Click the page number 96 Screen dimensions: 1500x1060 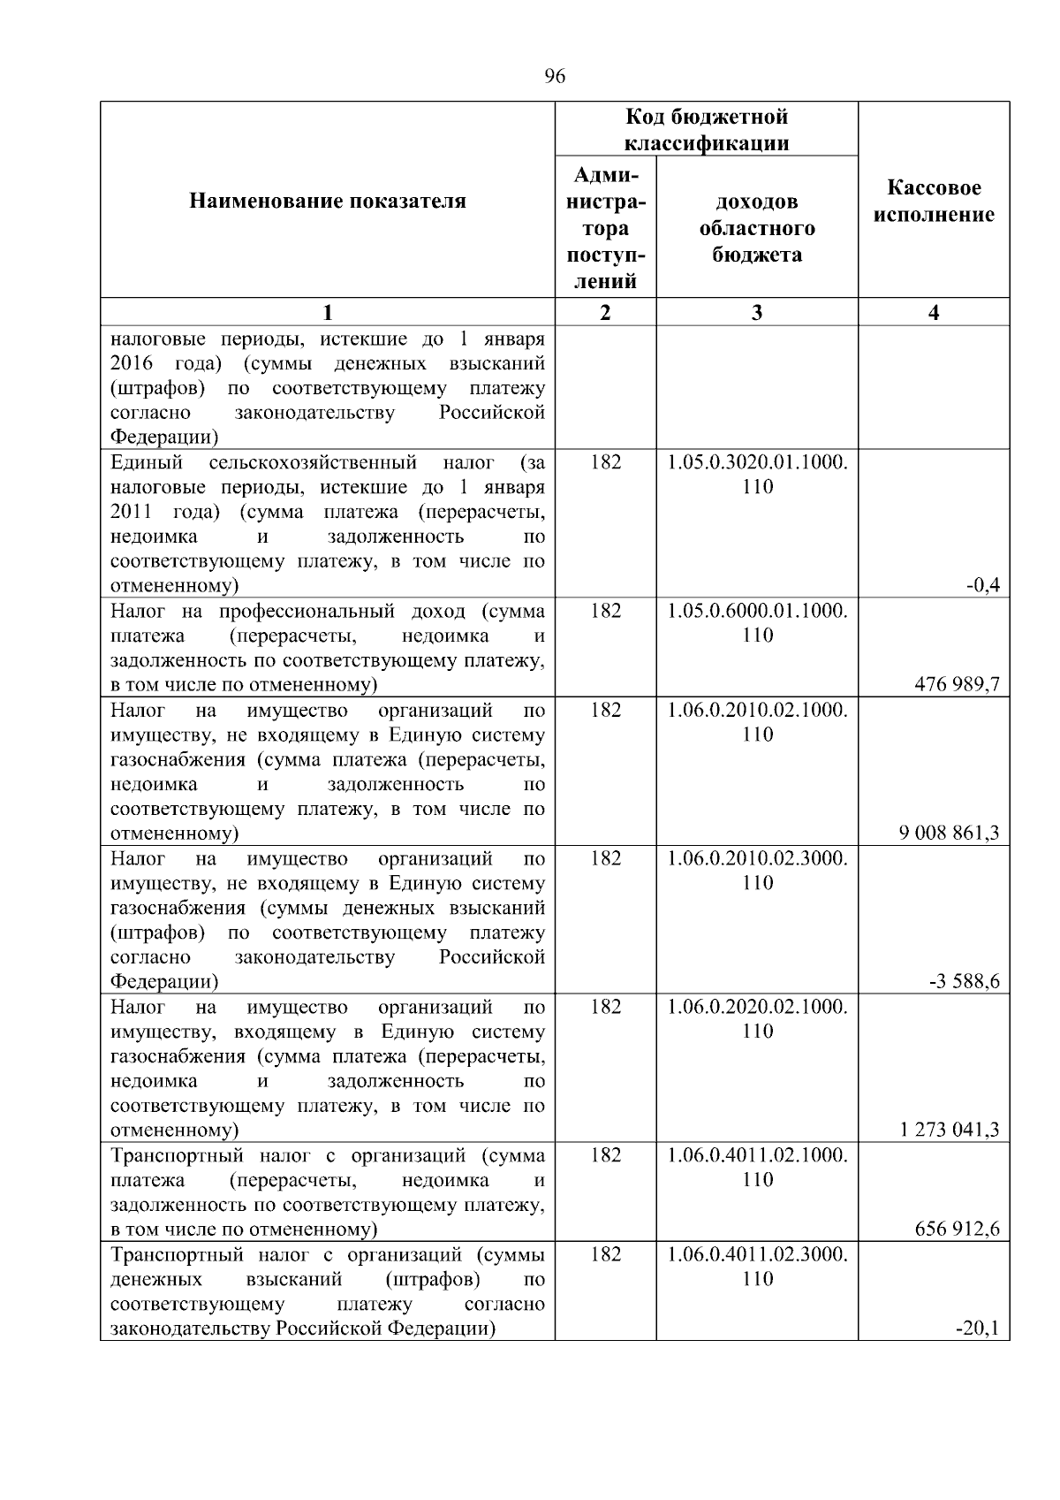(555, 77)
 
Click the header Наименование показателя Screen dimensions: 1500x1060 (328, 202)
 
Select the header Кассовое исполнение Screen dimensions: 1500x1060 (934, 202)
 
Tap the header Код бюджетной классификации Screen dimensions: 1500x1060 (707, 130)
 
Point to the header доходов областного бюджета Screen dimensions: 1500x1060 (757, 228)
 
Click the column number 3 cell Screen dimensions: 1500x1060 (757, 312)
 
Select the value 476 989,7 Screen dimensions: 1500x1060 (958, 684)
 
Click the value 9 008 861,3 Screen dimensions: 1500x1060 (950, 833)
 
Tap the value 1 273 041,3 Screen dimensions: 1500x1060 (950, 1130)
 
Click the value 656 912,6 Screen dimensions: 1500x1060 (958, 1229)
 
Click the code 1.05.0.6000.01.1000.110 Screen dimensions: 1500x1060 (757, 622)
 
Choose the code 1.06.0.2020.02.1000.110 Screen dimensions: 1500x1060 (757, 1018)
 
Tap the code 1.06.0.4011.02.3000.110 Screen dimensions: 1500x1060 (757, 1266)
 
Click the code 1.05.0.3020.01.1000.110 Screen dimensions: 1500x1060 (757, 474)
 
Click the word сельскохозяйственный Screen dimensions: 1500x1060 (313, 462)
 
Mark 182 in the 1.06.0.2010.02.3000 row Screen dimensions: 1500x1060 (605, 858)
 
